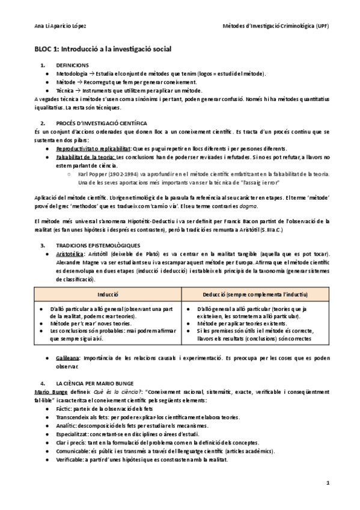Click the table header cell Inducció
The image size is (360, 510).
point(109,295)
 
